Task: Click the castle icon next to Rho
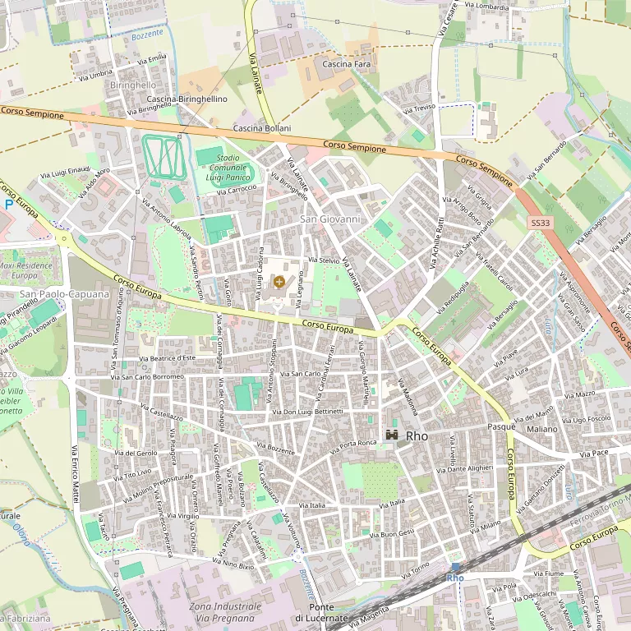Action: tap(393, 435)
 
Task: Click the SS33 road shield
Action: tap(539, 223)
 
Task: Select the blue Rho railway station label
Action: tap(455, 578)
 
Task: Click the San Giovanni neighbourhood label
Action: tap(330, 219)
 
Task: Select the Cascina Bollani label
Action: tap(262, 129)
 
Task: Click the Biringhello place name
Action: tap(133, 85)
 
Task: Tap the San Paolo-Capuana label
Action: tap(64, 294)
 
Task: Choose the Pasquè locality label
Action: tap(500, 427)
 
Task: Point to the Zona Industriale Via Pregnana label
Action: tap(225, 611)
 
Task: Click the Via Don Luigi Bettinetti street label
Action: tap(307, 411)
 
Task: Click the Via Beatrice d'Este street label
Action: tap(167, 358)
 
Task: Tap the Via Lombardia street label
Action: tap(486, 7)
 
